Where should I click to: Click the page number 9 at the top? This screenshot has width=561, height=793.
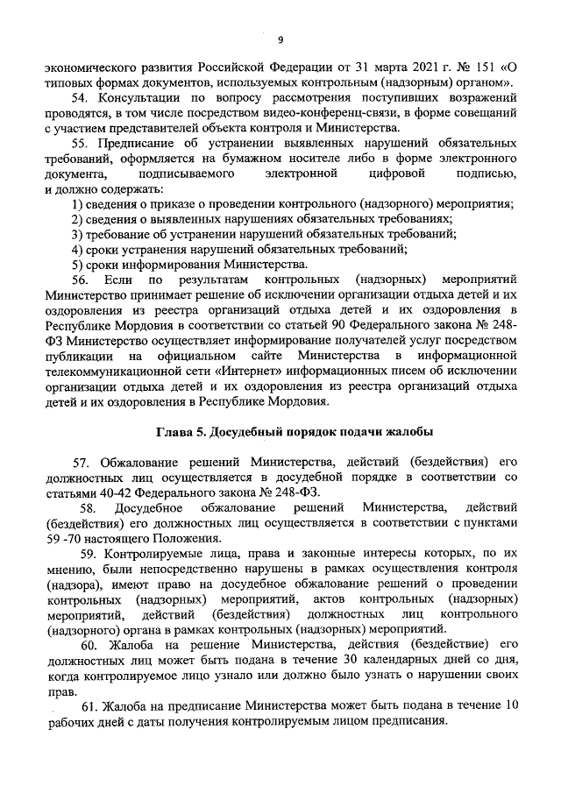(280, 39)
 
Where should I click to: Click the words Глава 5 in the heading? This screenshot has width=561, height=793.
(181, 432)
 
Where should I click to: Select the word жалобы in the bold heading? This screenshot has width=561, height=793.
(408, 432)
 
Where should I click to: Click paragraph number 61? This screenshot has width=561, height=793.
(88, 707)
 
